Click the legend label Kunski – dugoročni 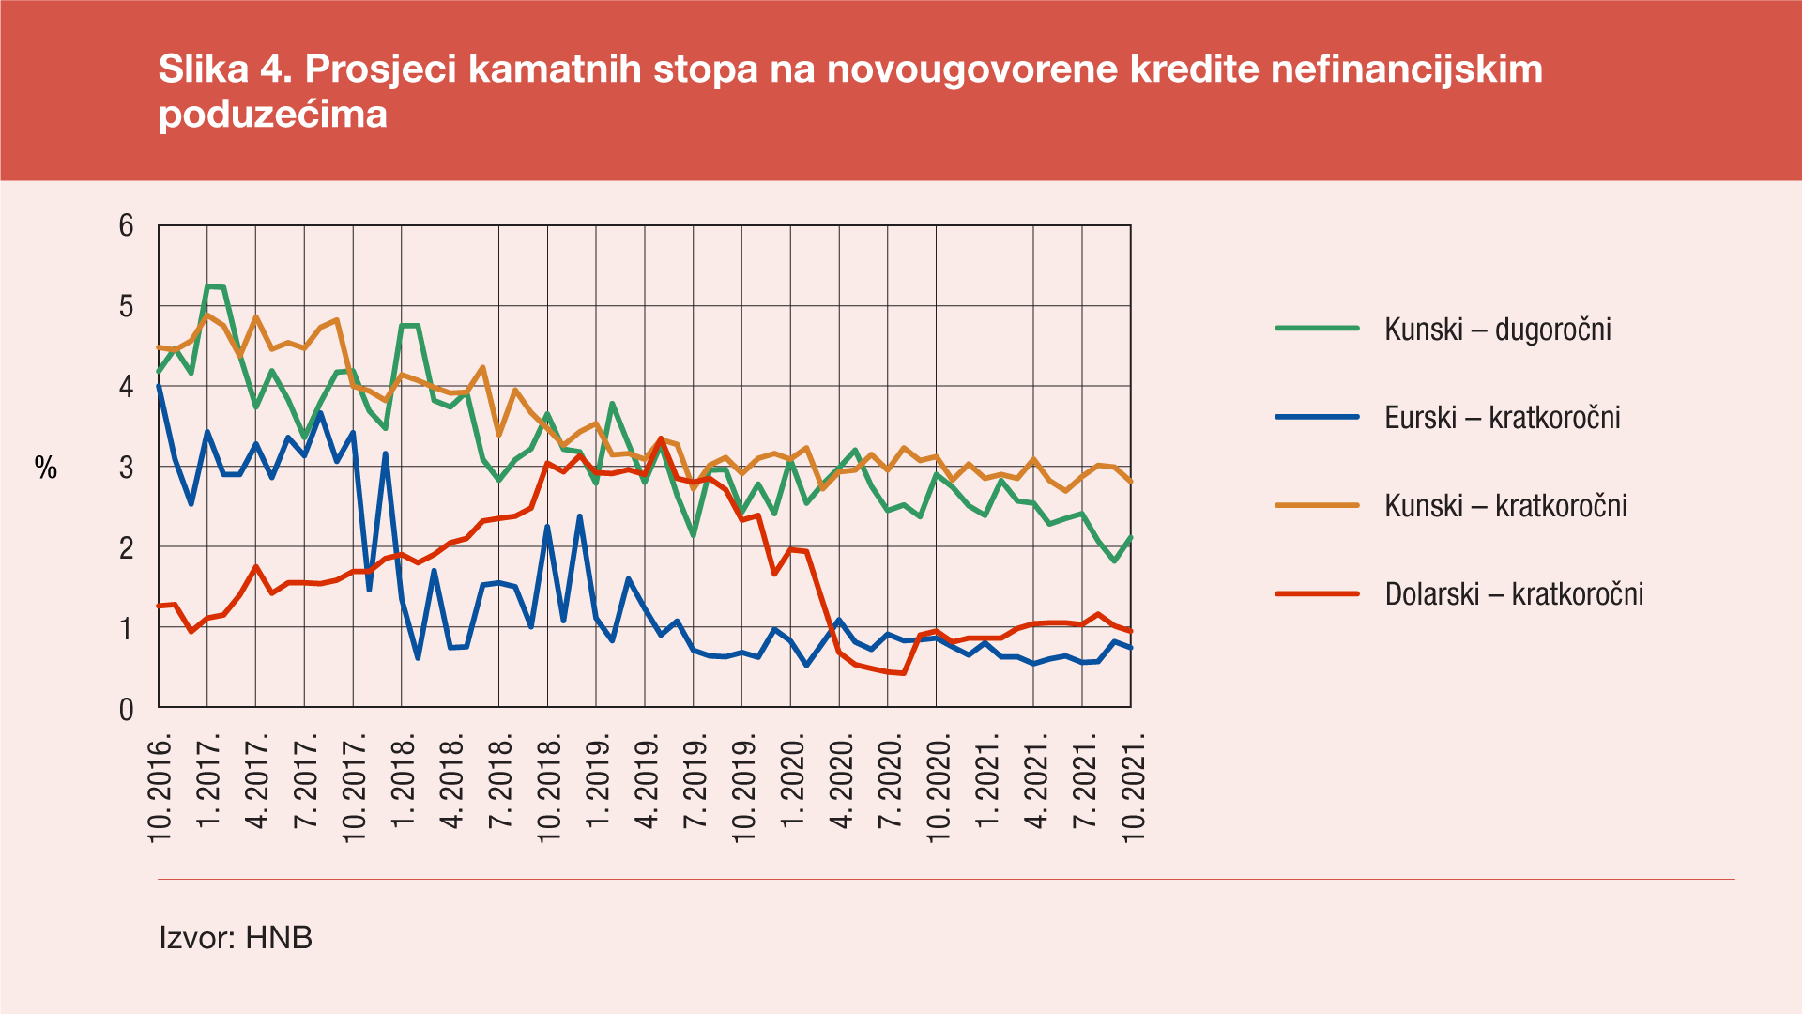[1497, 330]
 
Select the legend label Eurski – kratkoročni [1502, 418]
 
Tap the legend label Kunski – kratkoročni [1505, 506]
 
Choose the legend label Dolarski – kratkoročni [1514, 594]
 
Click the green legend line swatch [1317, 329]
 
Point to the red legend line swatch [1317, 593]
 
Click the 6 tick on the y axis [126, 225]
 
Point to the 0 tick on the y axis [126, 709]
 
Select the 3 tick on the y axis [126, 468]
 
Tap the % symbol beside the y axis [46, 468]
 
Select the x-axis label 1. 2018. [405, 783]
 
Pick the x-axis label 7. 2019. [695, 783]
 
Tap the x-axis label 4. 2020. [842, 783]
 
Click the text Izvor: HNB [236, 938]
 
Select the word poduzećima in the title [273, 115]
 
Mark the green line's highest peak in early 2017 [208, 285]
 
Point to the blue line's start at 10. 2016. [159, 385]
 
